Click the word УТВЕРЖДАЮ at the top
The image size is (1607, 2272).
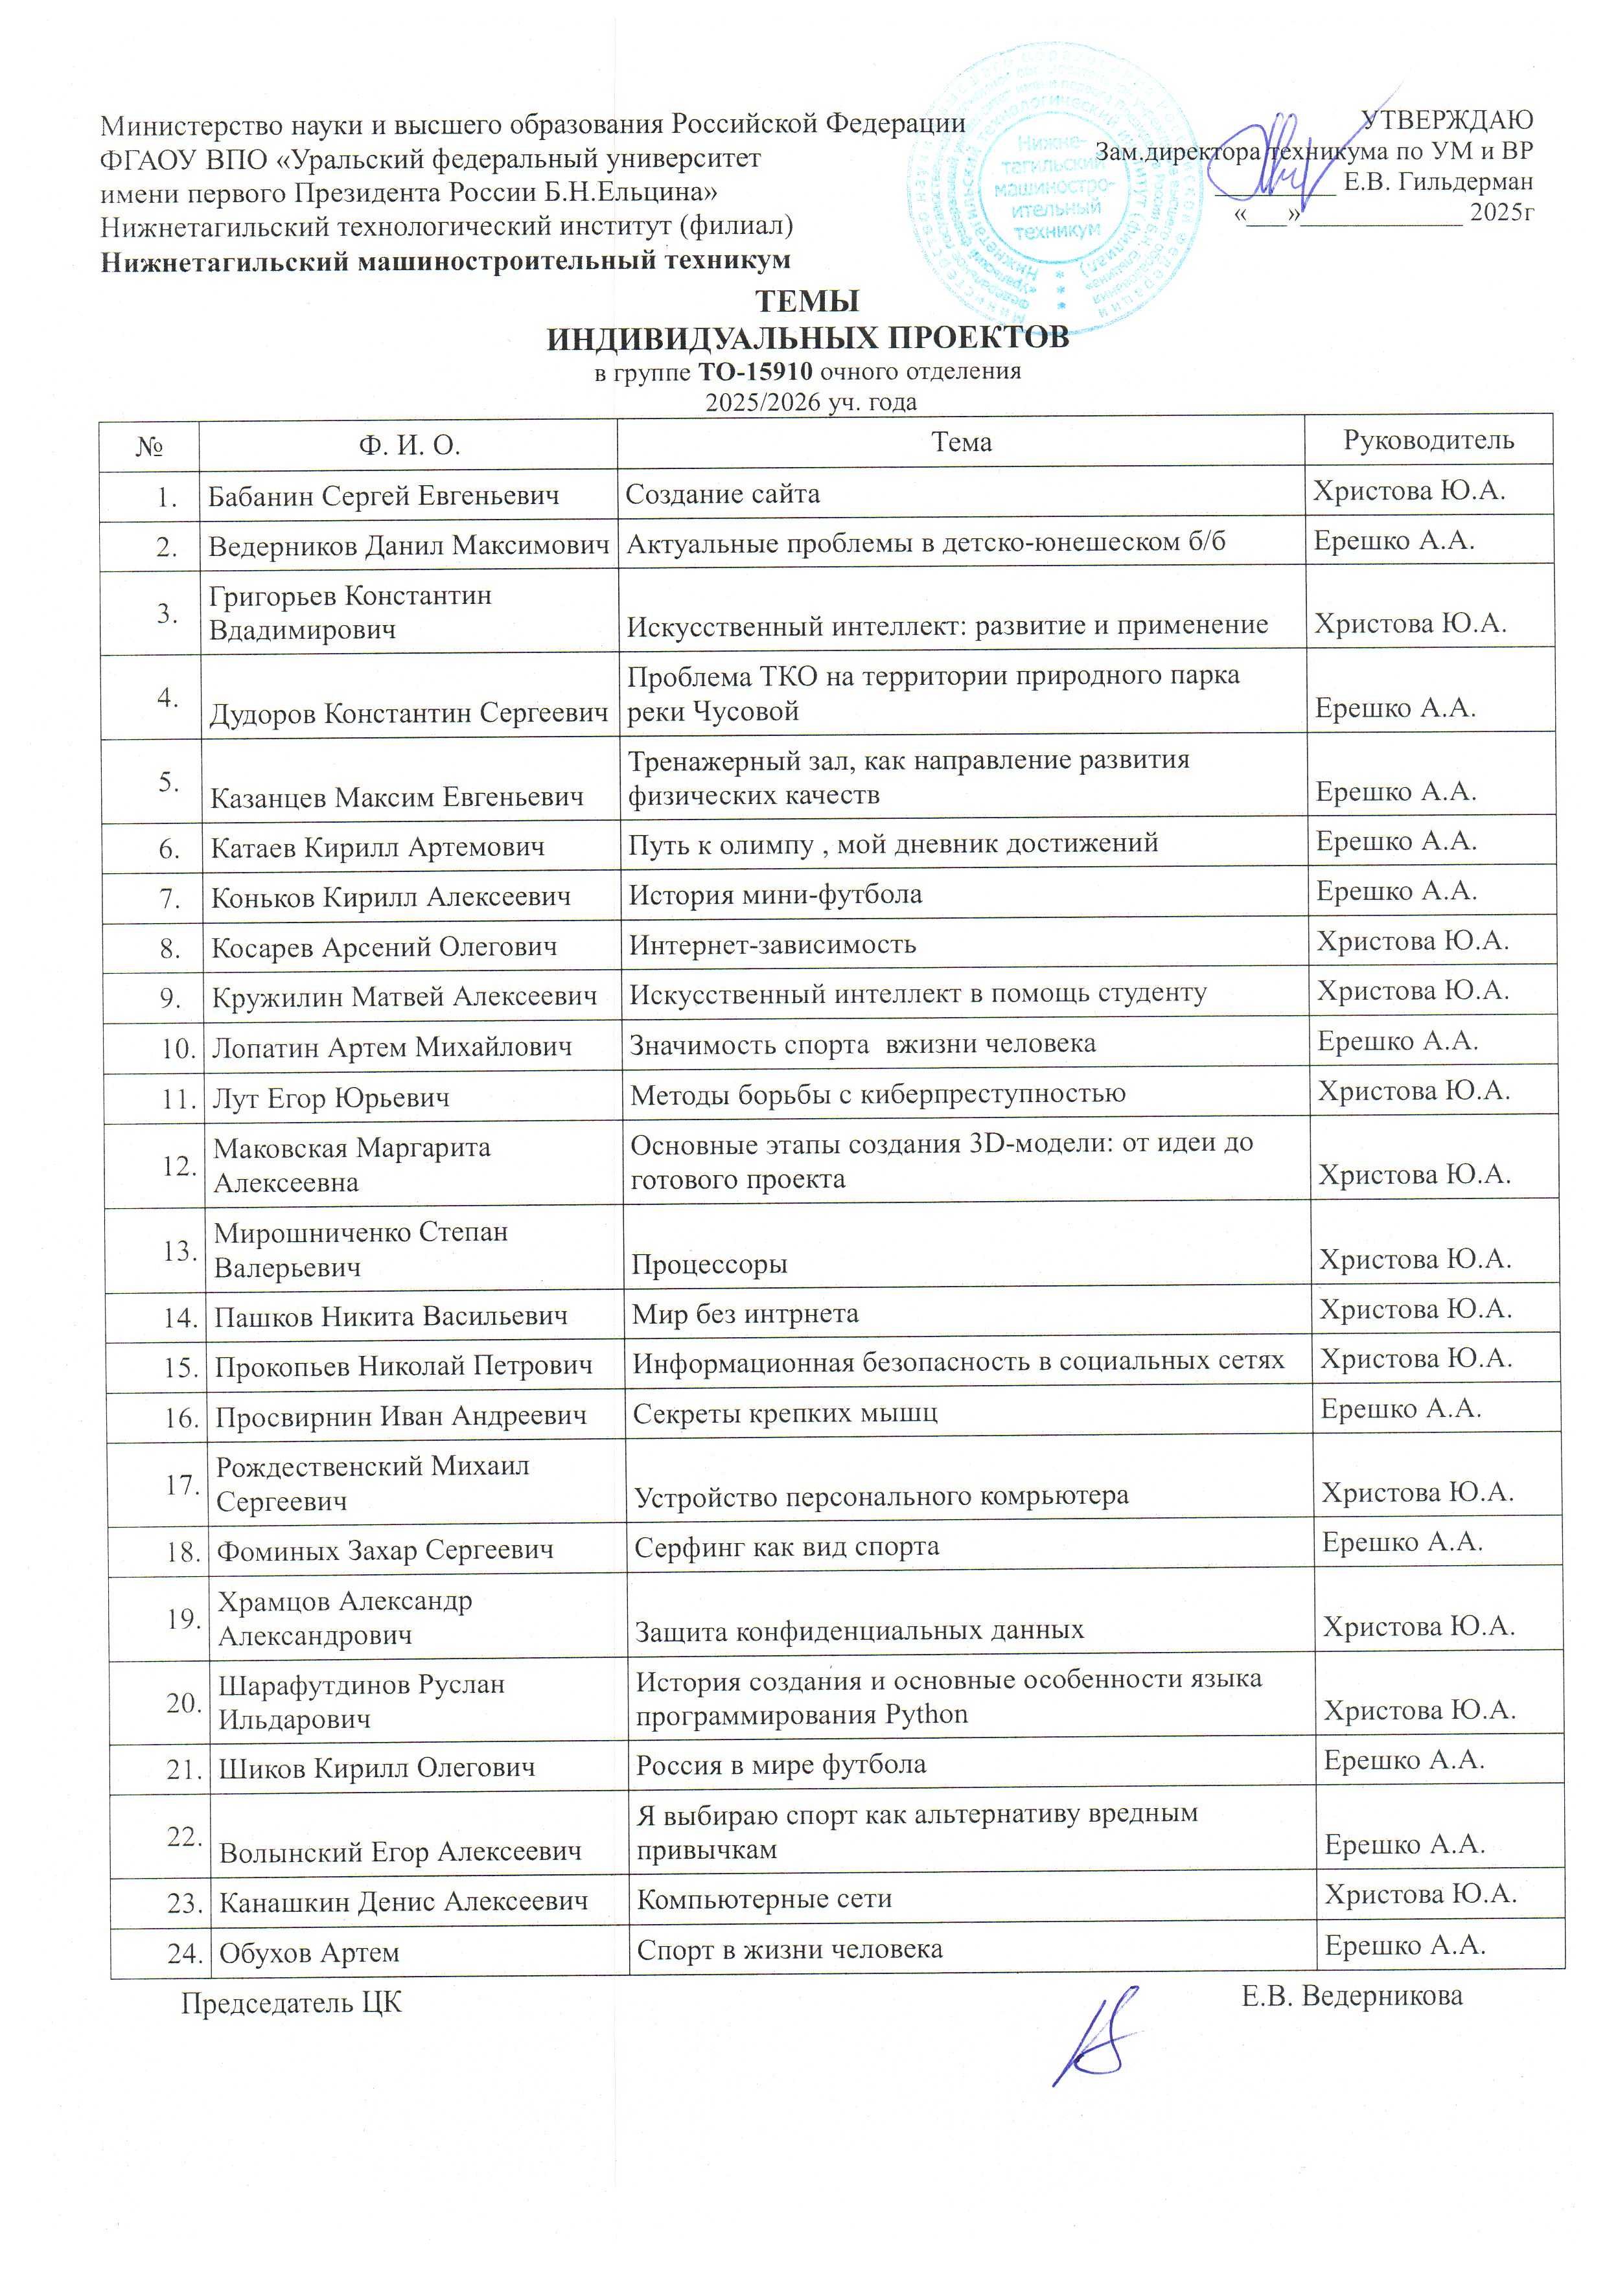(1447, 120)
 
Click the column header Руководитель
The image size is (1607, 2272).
(1428, 441)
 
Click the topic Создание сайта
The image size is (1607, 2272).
(723, 494)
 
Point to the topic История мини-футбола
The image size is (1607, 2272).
(775, 895)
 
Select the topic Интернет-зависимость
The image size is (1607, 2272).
(772, 945)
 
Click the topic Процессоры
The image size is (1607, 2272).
(710, 1264)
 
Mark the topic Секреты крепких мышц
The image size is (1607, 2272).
(785, 1413)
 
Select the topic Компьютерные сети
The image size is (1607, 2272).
(764, 1899)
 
